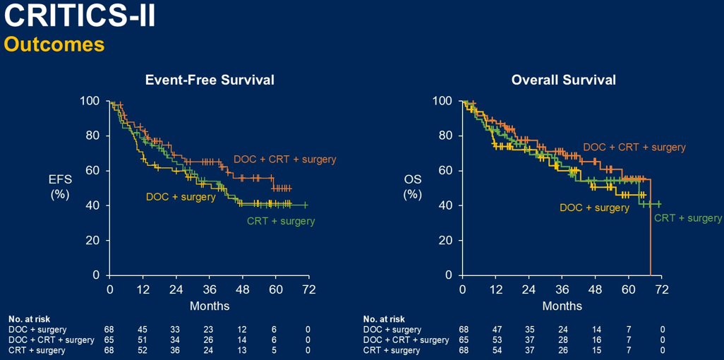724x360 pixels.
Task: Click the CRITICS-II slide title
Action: coord(79,16)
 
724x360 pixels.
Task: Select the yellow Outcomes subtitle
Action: coord(54,44)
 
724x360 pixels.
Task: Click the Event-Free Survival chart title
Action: coord(210,80)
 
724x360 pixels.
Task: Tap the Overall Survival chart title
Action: coord(563,80)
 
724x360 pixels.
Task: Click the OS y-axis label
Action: coord(413,186)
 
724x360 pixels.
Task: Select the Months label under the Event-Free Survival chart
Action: coord(210,306)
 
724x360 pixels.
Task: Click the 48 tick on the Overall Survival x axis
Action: coord(594,289)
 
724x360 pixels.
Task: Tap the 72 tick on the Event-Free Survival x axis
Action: coord(308,289)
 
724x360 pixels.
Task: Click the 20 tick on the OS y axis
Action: coord(446,240)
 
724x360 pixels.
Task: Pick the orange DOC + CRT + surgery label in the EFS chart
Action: coord(285,160)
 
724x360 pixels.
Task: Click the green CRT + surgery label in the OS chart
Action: coord(688,218)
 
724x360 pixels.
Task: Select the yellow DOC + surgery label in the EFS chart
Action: coord(181,197)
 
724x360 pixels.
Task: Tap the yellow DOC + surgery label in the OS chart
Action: coord(594,208)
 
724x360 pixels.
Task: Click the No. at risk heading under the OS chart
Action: coord(384,319)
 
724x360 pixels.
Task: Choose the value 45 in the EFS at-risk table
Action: coord(143,330)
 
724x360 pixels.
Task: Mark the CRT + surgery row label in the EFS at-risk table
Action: coord(37,350)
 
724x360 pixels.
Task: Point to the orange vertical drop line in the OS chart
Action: coord(650,233)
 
